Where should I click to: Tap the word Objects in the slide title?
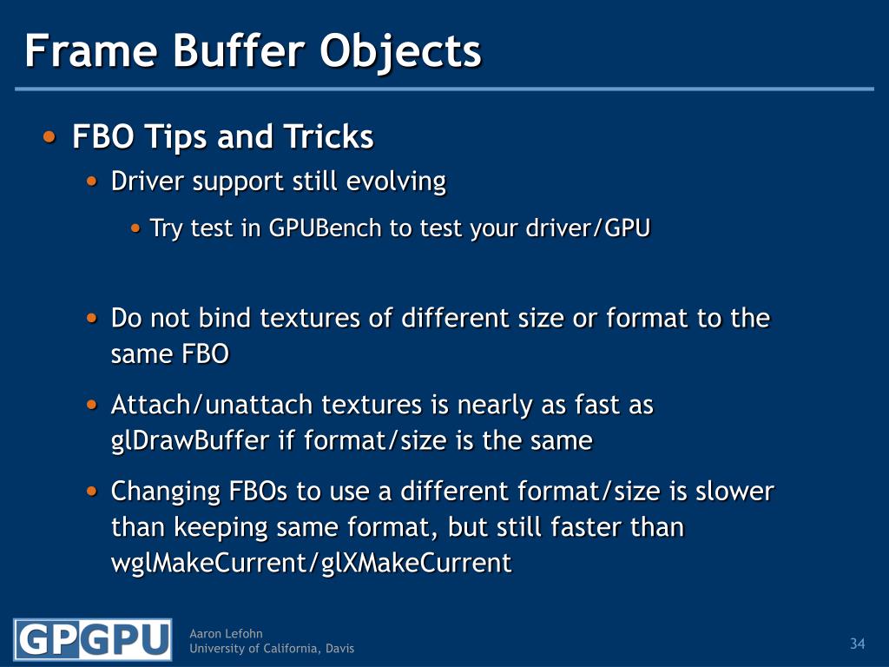pos(400,50)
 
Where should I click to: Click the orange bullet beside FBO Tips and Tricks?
pos(50,137)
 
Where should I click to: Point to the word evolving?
pos(396,182)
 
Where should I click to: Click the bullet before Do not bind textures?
pos(93,318)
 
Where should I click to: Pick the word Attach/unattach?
pos(213,405)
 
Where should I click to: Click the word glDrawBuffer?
pos(190,441)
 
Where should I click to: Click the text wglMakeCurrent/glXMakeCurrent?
pos(312,563)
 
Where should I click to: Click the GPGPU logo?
pos(93,640)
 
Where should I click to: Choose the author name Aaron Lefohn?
pos(226,634)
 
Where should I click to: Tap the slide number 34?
pos(857,644)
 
